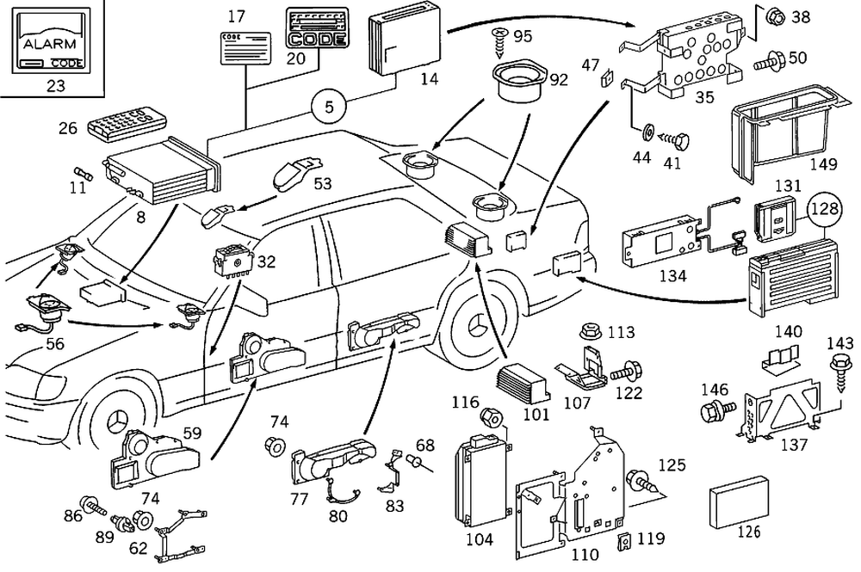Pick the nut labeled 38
coord(774,15)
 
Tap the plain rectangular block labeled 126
coord(739,503)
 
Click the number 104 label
coord(480,539)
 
